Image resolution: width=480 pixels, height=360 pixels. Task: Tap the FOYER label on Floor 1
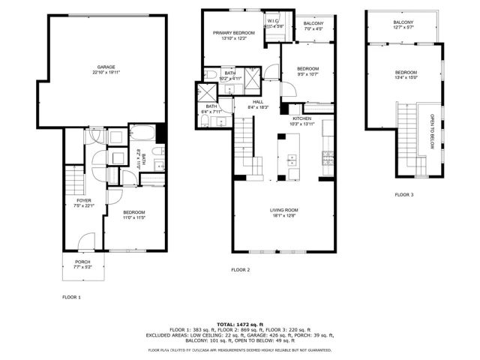pyautogui.click(x=83, y=201)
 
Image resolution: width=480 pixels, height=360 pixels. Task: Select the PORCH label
pyautogui.click(x=83, y=262)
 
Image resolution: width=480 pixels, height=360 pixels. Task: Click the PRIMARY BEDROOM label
pyautogui.click(x=232, y=33)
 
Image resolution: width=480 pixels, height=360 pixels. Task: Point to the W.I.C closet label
pyautogui.click(x=274, y=21)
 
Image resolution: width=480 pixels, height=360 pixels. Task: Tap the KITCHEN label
pyautogui.click(x=302, y=118)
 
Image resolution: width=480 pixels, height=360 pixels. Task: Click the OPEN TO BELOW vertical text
pyautogui.click(x=432, y=132)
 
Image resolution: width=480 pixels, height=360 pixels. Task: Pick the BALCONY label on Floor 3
pyautogui.click(x=403, y=22)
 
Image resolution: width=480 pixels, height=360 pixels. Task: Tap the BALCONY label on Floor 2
pyautogui.click(x=313, y=24)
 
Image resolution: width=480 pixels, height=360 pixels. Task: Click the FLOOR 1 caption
pyautogui.click(x=71, y=297)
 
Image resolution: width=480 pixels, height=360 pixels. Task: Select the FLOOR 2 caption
pyautogui.click(x=240, y=269)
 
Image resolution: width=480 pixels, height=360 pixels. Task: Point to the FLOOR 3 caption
pyautogui.click(x=404, y=194)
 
